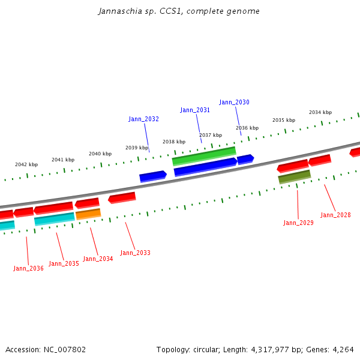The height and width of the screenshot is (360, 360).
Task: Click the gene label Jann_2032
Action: coord(143,119)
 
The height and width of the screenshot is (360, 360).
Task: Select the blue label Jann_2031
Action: coord(195,110)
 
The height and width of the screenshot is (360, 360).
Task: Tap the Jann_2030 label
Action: coord(234,102)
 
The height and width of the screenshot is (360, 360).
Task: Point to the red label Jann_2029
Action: coord(298,223)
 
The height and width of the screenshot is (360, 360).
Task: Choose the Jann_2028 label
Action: coord(335,215)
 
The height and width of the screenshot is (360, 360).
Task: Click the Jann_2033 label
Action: coord(135,253)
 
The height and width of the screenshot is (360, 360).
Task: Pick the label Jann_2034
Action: coord(98,259)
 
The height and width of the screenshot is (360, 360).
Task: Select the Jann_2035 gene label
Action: coord(64,263)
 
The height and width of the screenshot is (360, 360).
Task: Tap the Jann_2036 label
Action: coord(28,268)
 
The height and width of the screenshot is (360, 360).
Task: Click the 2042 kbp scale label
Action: coord(26,164)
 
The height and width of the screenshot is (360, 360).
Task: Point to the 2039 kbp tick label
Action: coord(136,148)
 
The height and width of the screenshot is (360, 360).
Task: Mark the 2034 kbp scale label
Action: coord(320,112)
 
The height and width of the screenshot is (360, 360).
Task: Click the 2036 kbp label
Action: coord(247,128)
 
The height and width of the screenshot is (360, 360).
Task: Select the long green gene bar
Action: coord(203,156)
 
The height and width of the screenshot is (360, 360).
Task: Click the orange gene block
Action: coord(88,214)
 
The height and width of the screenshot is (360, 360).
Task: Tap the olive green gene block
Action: coord(294,176)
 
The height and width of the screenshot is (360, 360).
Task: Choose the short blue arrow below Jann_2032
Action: coord(152,176)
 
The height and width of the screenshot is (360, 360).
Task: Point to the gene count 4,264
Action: coord(343,349)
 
